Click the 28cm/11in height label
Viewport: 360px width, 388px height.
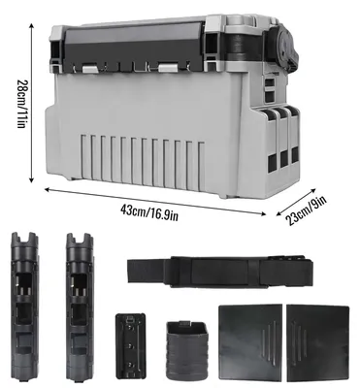coord(20,104)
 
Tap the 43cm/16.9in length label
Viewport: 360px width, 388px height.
coord(149,212)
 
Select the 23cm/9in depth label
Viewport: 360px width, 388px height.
coord(306,210)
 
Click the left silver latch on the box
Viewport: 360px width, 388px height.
coord(91,69)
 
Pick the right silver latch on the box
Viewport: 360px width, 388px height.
coord(168,68)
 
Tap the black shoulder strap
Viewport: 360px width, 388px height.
coord(220,272)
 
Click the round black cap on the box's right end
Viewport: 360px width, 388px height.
coord(286,47)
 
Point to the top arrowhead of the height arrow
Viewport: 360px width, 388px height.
coord(31,25)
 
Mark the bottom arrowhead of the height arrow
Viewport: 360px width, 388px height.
coord(31,179)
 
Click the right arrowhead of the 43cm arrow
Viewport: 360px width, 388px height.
coord(263,213)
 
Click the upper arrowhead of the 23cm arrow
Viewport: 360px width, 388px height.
coord(312,191)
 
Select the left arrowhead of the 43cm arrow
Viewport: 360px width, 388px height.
coord(48,189)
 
